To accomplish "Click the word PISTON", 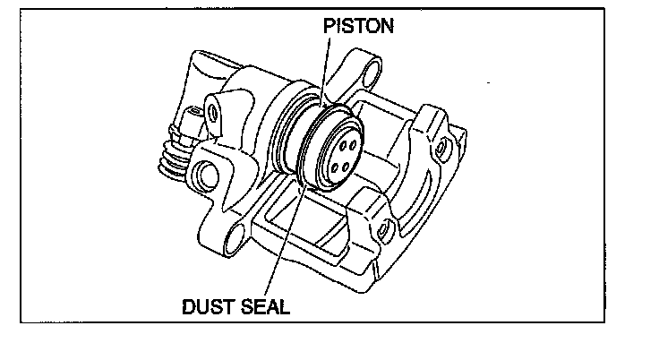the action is click(357, 27).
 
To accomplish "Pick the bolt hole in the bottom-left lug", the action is click(235, 236).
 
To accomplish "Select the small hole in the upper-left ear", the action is click(212, 114).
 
